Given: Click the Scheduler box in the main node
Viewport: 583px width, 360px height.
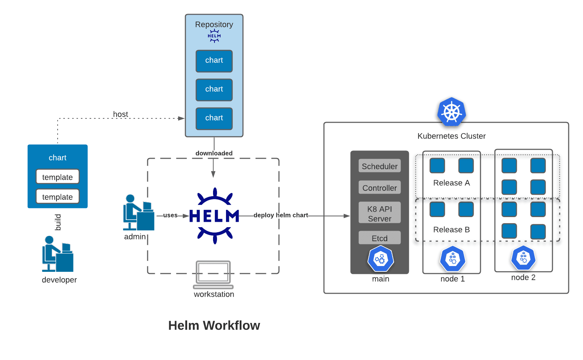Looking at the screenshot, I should pos(379,166).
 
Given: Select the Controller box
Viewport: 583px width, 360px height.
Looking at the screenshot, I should pos(379,188).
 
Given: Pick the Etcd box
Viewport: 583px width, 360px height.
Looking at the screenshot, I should pos(379,238).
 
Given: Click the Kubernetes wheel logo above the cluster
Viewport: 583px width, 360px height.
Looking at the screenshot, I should pos(451,112).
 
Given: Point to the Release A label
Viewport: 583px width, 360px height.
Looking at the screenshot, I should pos(451,183).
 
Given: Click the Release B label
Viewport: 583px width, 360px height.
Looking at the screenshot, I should pos(451,230).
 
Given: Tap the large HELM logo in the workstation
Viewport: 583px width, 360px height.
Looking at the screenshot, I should pos(214,216).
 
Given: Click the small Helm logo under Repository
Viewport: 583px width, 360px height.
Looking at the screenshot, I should pos(214,36).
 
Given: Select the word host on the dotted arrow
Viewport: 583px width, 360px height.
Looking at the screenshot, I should pos(120,114).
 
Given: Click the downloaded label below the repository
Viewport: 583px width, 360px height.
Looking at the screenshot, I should pos(214,153).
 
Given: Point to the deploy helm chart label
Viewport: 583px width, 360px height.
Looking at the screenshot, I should pos(281,215).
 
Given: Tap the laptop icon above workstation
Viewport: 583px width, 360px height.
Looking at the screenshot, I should pos(213,275).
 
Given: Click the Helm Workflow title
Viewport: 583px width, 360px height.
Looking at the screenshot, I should pos(214,325).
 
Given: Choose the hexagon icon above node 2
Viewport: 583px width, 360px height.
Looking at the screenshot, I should pos(523,258).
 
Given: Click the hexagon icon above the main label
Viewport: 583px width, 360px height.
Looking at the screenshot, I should pos(380,258).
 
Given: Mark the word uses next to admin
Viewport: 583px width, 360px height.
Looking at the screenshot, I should pos(170,215).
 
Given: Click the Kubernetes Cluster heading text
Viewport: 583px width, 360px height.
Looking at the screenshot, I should pos(451,136).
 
